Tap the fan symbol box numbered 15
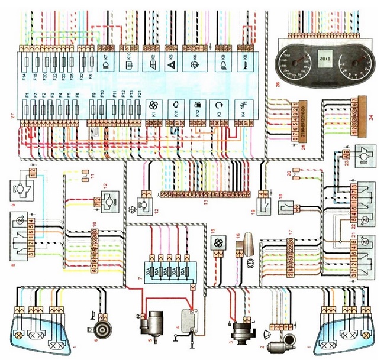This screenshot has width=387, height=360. click(217, 244)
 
